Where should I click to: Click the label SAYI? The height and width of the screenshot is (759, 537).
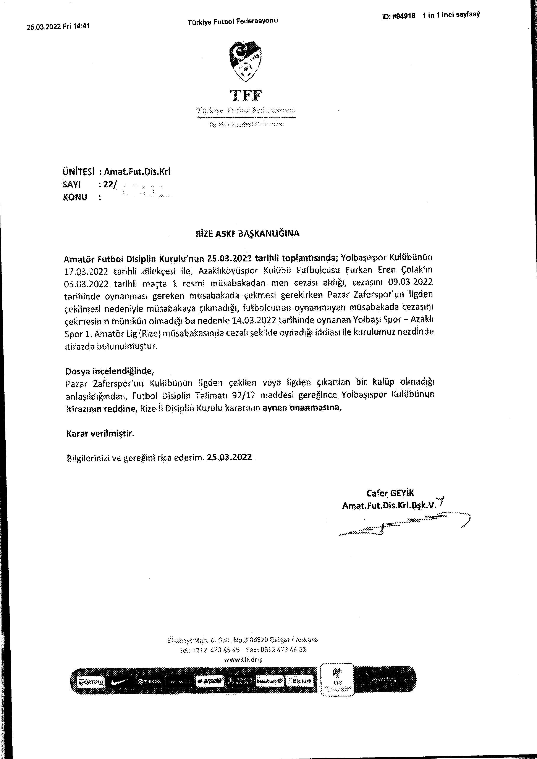click(x=71, y=184)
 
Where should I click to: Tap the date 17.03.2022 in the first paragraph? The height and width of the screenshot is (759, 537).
click(x=86, y=272)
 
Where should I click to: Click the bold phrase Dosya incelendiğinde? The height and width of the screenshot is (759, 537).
click(x=109, y=371)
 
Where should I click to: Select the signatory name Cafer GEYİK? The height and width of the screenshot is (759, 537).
click(x=390, y=493)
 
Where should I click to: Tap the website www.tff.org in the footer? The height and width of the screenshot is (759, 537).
click(x=242, y=659)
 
